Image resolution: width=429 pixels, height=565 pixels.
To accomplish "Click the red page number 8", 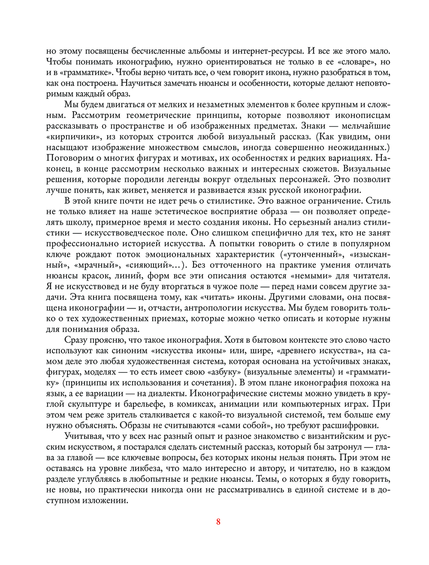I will click(x=218, y=522).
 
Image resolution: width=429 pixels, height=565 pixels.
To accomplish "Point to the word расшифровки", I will click(x=352, y=425).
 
